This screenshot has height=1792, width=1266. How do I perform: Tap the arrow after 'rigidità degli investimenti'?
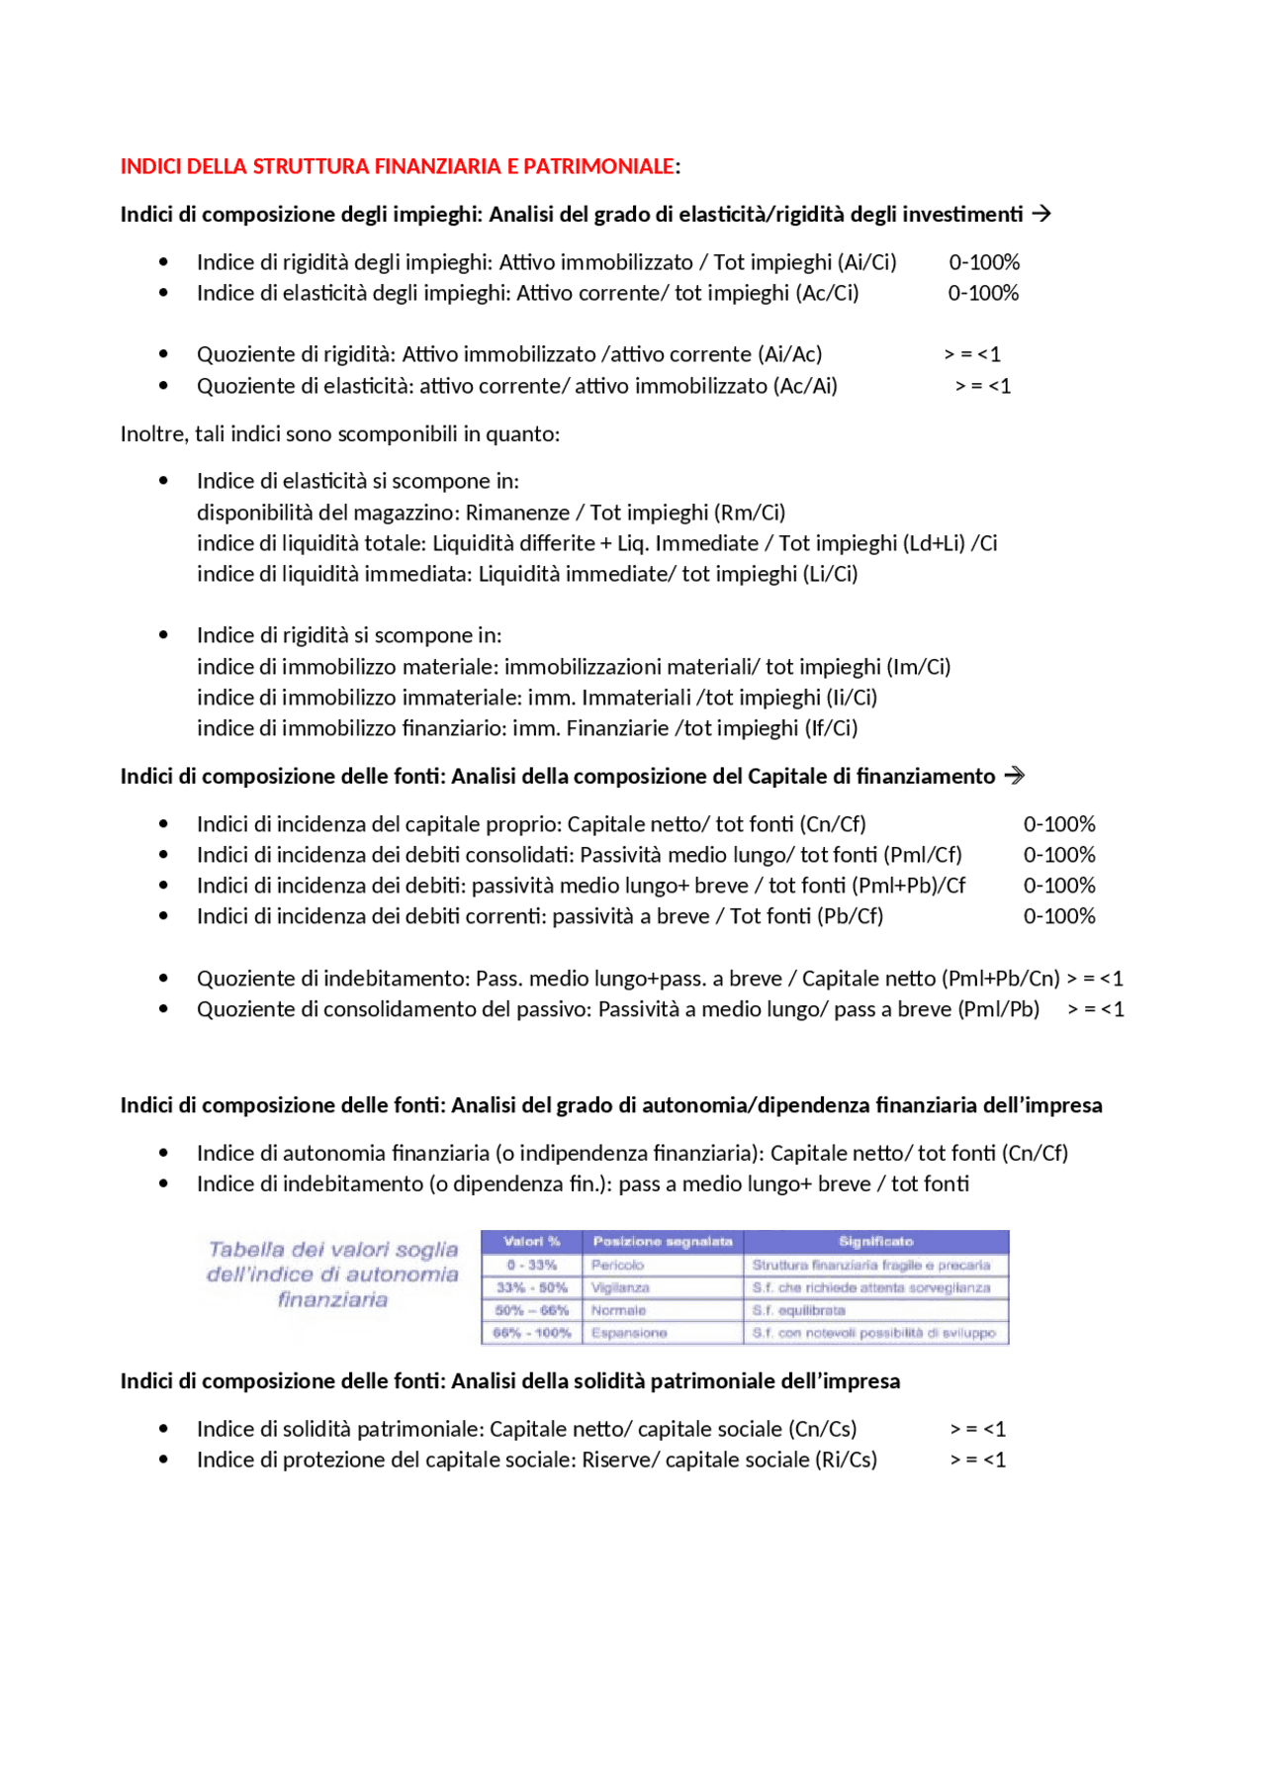click(x=1041, y=214)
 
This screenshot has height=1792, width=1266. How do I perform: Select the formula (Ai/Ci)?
click(x=867, y=262)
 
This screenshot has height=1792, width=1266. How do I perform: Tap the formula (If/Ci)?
click(x=831, y=728)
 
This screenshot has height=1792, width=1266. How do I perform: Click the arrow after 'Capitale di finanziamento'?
click(x=1014, y=776)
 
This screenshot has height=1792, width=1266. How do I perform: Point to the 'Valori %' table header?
click(x=531, y=1242)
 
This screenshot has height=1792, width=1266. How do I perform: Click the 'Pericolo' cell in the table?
click(x=617, y=1266)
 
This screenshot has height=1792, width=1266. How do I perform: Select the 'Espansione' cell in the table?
click(x=629, y=1334)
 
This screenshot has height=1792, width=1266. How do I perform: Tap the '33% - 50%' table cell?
click(x=531, y=1288)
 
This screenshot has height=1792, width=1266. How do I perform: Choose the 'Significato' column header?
click(x=875, y=1242)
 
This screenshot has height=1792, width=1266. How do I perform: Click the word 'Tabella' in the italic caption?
click(x=245, y=1250)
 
